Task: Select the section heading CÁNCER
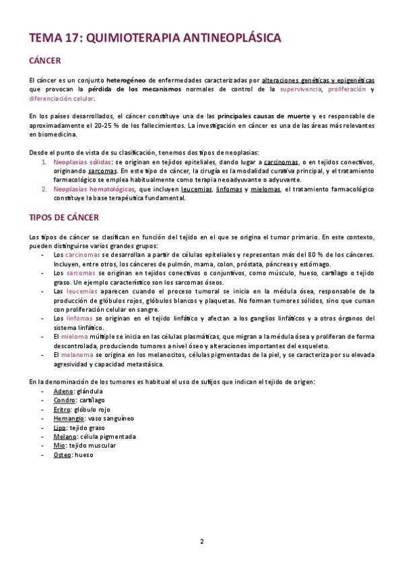pos(46,61)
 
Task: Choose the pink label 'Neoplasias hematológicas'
pos(93,190)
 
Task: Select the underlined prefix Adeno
pos(63,391)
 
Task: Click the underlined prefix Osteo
pos(63,454)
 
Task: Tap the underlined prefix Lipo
pos(60,427)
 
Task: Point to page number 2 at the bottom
pos(201,541)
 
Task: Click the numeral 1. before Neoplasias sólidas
pos(44,162)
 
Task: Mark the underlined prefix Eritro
pos(63,409)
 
